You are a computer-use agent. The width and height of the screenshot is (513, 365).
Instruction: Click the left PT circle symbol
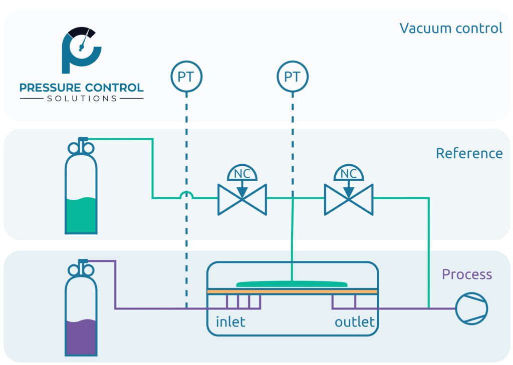point(186,77)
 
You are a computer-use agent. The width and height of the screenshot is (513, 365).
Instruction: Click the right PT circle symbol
point(293,77)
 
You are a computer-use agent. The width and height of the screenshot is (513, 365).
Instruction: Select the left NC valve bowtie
point(242,199)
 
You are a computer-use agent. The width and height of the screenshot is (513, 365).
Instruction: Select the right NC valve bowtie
point(349,199)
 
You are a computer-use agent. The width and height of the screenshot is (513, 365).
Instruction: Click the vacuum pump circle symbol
point(471,308)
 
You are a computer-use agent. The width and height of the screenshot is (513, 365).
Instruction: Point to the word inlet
point(230,321)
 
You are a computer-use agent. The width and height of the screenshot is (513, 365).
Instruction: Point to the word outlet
point(355,321)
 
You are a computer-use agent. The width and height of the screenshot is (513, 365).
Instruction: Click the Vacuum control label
point(450,28)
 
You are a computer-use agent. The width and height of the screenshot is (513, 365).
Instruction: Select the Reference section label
point(469,153)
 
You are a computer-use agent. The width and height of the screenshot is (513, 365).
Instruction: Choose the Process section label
point(466,274)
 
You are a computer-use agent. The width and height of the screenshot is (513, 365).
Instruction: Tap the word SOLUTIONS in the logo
point(82,99)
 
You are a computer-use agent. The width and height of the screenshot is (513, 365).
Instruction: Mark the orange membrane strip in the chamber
point(292,291)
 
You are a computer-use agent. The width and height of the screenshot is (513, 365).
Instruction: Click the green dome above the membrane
point(292,284)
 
